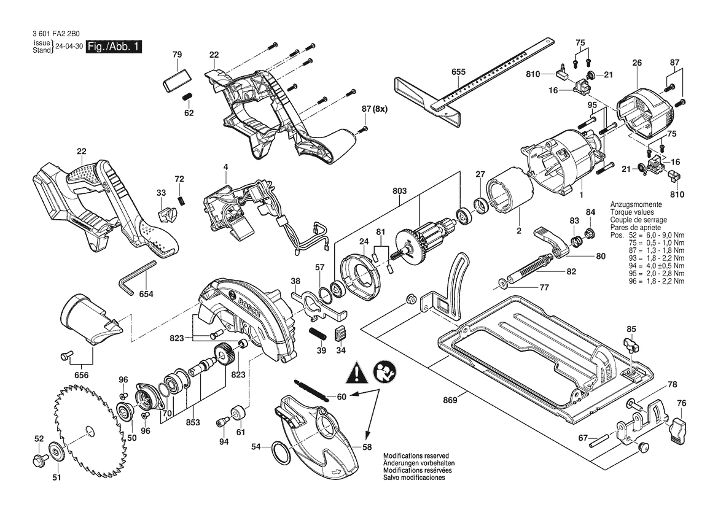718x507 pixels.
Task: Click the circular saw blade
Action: (x=87, y=428)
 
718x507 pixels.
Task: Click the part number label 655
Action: (x=458, y=72)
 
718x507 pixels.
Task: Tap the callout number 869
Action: (x=450, y=401)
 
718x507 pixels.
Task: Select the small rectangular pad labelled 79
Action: (x=176, y=80)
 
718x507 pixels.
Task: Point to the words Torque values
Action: (x=632, y=212)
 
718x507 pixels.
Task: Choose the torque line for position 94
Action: (x=647, y=266)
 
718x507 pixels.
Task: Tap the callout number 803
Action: (x=399, y=191)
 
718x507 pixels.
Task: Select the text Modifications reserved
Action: (x=416, y=456)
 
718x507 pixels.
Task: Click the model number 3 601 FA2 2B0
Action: (x=57, y=33)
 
